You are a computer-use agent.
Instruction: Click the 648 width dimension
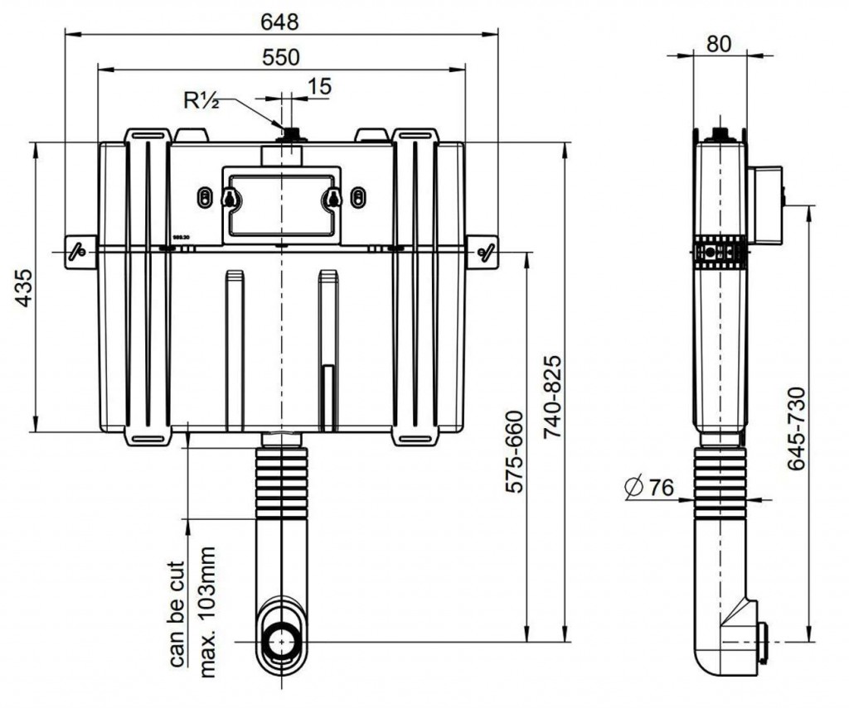(281, 21)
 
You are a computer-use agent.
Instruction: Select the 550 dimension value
(281, 56)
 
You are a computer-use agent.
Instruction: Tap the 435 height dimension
(25, 287)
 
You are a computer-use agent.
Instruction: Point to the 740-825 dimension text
(553, 398)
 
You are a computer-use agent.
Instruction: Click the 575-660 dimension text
(515, 452)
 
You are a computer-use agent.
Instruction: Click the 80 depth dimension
(719, 43)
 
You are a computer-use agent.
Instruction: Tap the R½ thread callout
(200, 100)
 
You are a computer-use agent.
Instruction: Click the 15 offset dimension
(318, 85)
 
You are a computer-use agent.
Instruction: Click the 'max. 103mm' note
(206, 611)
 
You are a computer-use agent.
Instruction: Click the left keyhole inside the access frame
(230, 198)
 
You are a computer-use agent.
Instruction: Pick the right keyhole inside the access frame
(332, 198)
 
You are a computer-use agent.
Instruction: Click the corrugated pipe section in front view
(282, 484)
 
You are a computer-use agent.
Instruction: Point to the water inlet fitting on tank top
(291, 134)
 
